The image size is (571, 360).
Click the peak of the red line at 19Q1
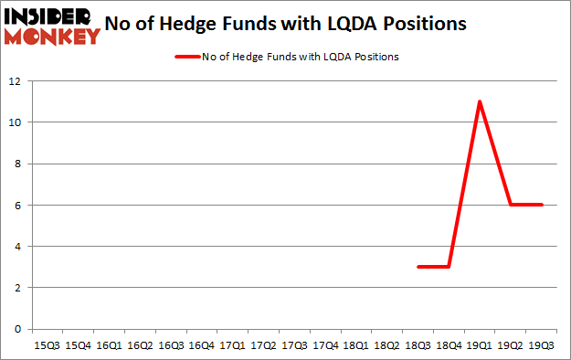click(480, 101)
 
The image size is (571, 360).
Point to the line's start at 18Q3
click(418, 267)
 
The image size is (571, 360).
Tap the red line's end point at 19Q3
click(542, 205)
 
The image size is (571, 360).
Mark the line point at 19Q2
click(511, 205)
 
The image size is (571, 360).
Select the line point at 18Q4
click(449, 267)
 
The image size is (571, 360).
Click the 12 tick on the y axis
click(16, 80)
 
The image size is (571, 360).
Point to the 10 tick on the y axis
click(16, 122)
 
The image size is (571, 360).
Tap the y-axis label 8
click(18, 164)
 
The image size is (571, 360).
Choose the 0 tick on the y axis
click(18, 329)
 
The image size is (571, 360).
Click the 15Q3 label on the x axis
click(46, 346)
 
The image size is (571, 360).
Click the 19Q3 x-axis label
click(542, 346)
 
